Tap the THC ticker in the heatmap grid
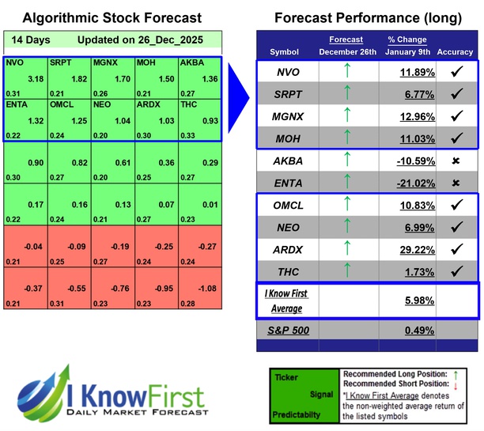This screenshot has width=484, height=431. coord(190,104)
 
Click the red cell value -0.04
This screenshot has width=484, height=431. coord(33,246)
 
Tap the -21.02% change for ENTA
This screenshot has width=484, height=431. coord(404,183)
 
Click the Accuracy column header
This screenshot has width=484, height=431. coord(454,52)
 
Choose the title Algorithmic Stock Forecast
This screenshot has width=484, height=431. coord(112,17)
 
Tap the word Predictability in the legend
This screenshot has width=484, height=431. coord(299,414)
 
